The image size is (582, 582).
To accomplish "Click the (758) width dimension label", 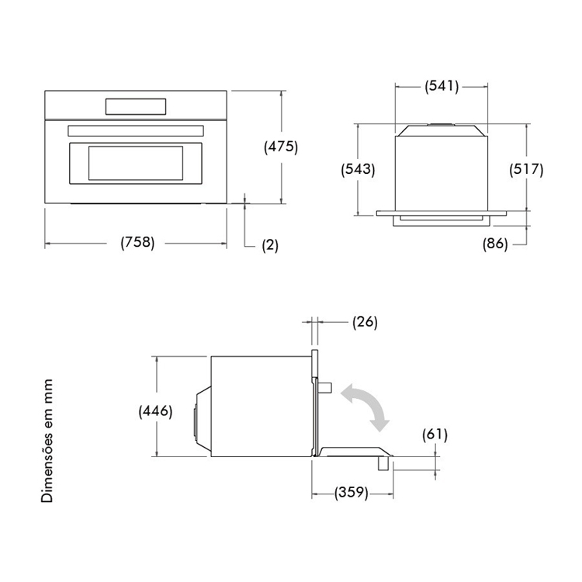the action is (137, 243).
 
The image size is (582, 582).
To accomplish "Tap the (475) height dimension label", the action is (281, 147).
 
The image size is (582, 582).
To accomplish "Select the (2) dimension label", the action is (270, 245).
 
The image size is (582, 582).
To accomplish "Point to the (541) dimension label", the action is (442, 86).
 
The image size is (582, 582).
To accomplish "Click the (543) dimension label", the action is (359, 169).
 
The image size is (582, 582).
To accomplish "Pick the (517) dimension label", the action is (526, 169).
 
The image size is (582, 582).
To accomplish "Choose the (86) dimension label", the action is (495, 244).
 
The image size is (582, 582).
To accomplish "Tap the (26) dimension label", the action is (365, 322).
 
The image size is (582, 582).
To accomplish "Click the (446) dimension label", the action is (155, 411).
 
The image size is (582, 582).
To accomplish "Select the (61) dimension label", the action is (435, 435).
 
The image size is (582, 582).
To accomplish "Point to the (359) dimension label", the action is (351, 493).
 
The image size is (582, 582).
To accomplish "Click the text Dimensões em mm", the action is (47, 441).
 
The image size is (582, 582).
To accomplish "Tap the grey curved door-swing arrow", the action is (365, 407).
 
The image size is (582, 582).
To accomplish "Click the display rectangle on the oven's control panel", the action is (136, 106).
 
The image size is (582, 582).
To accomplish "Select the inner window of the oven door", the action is (136, 163).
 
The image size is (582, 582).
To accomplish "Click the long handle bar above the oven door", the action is (136, 130).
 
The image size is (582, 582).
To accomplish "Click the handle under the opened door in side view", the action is (383, 463).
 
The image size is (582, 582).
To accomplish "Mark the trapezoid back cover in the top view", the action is (441, 130).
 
